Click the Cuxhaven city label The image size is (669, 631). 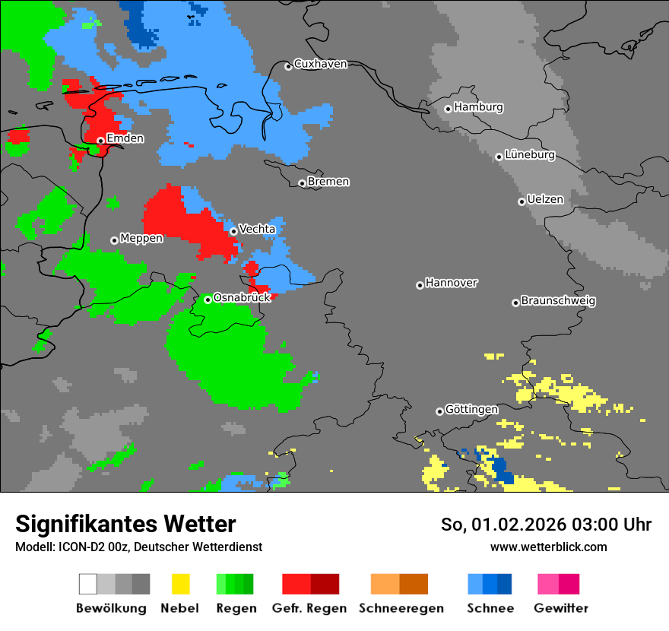(320, 64)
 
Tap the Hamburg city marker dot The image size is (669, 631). (448, 109)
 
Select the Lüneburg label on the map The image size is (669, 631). (530, 155)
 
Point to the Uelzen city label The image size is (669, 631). (545, 200)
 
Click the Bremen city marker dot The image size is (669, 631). (302, 183)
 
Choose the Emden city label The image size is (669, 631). (125, 138)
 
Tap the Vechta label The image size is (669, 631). (257, 229)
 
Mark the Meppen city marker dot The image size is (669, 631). (114, 240)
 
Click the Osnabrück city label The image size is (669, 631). (242, 298)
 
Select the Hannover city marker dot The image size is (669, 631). (420, 285)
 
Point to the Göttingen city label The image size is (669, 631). (471, 410)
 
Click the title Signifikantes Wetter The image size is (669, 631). (125, 525)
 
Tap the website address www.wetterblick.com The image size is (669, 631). (548, 547)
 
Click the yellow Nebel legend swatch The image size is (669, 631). (180, 584)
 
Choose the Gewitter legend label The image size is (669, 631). (561, 608)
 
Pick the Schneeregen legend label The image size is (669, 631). (401, 608)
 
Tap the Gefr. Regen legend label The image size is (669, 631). (309, 608)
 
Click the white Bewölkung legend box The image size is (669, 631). (88, 584)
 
